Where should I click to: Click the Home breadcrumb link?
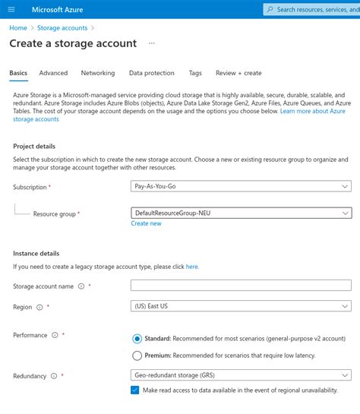[17, 28]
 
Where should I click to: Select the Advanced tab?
[53, 73]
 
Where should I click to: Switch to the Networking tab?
[98, 73]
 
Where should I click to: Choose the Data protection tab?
[151, 73]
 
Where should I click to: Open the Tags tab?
[195, 73]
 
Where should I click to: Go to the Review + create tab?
[238, 73]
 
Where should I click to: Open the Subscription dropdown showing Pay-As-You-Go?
[241, 186]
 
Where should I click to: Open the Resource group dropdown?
[241, 213]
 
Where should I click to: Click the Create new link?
[146, 224]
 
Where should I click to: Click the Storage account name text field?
[241, 286]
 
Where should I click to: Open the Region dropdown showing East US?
[241, 307]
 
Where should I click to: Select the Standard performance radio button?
[137, 339]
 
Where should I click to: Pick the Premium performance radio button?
[137, 355]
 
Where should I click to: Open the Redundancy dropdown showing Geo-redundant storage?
[241, 375]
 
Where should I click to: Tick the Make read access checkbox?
[135, 390]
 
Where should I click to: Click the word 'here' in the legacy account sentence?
[192, 267]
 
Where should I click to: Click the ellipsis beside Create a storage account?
[151, 44]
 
